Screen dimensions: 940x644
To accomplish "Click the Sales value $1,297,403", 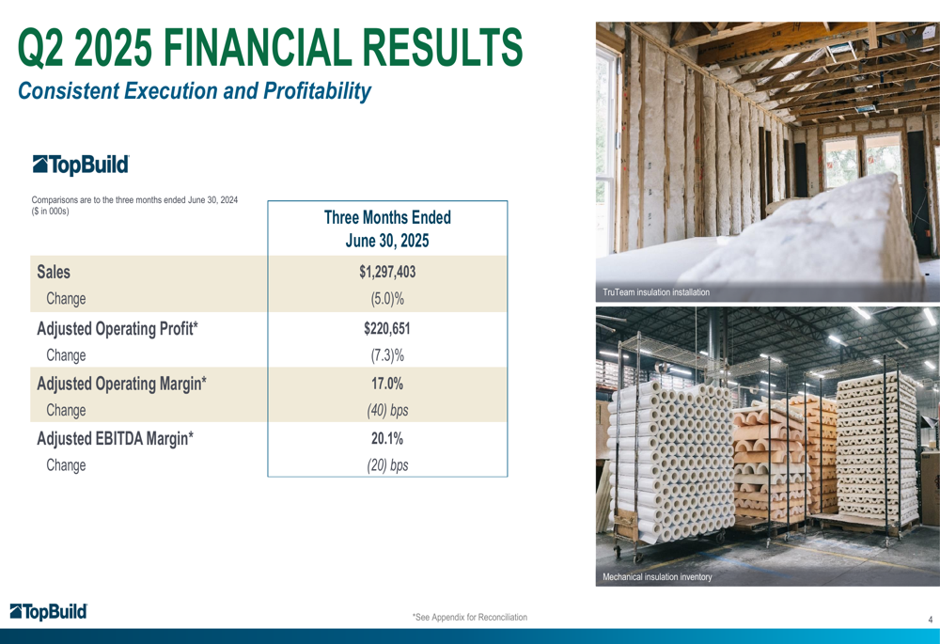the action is [387, 272].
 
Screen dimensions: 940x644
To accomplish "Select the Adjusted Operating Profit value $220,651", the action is [387, 328].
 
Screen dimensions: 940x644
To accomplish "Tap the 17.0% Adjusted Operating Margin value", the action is [387, 384].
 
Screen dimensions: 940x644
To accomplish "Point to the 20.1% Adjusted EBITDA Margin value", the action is [387, 438].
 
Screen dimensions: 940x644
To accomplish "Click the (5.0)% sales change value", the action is [387, 299].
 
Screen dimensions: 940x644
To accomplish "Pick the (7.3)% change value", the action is [387, 355].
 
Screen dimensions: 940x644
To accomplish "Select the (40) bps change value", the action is [387, 410].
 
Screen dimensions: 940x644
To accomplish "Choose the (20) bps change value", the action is [387, 465].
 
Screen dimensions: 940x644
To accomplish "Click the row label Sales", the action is [54, 272].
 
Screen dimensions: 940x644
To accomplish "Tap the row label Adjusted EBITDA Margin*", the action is [115, 439].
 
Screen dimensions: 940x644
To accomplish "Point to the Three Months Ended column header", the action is [387, 217].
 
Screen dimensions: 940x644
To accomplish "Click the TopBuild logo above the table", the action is [81, 165].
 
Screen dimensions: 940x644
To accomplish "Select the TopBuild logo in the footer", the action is [49, 612].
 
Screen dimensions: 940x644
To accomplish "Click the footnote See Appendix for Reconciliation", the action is [470, 617].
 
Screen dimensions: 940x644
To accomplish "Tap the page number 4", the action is [931, 620].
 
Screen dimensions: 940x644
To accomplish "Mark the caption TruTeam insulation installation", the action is [656, 292].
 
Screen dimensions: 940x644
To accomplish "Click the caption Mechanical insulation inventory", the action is [657, 577].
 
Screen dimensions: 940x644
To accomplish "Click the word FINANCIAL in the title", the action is [257, 48].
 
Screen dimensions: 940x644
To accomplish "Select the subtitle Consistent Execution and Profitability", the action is [195, 91].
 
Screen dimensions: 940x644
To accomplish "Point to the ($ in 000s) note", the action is [51, 212].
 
